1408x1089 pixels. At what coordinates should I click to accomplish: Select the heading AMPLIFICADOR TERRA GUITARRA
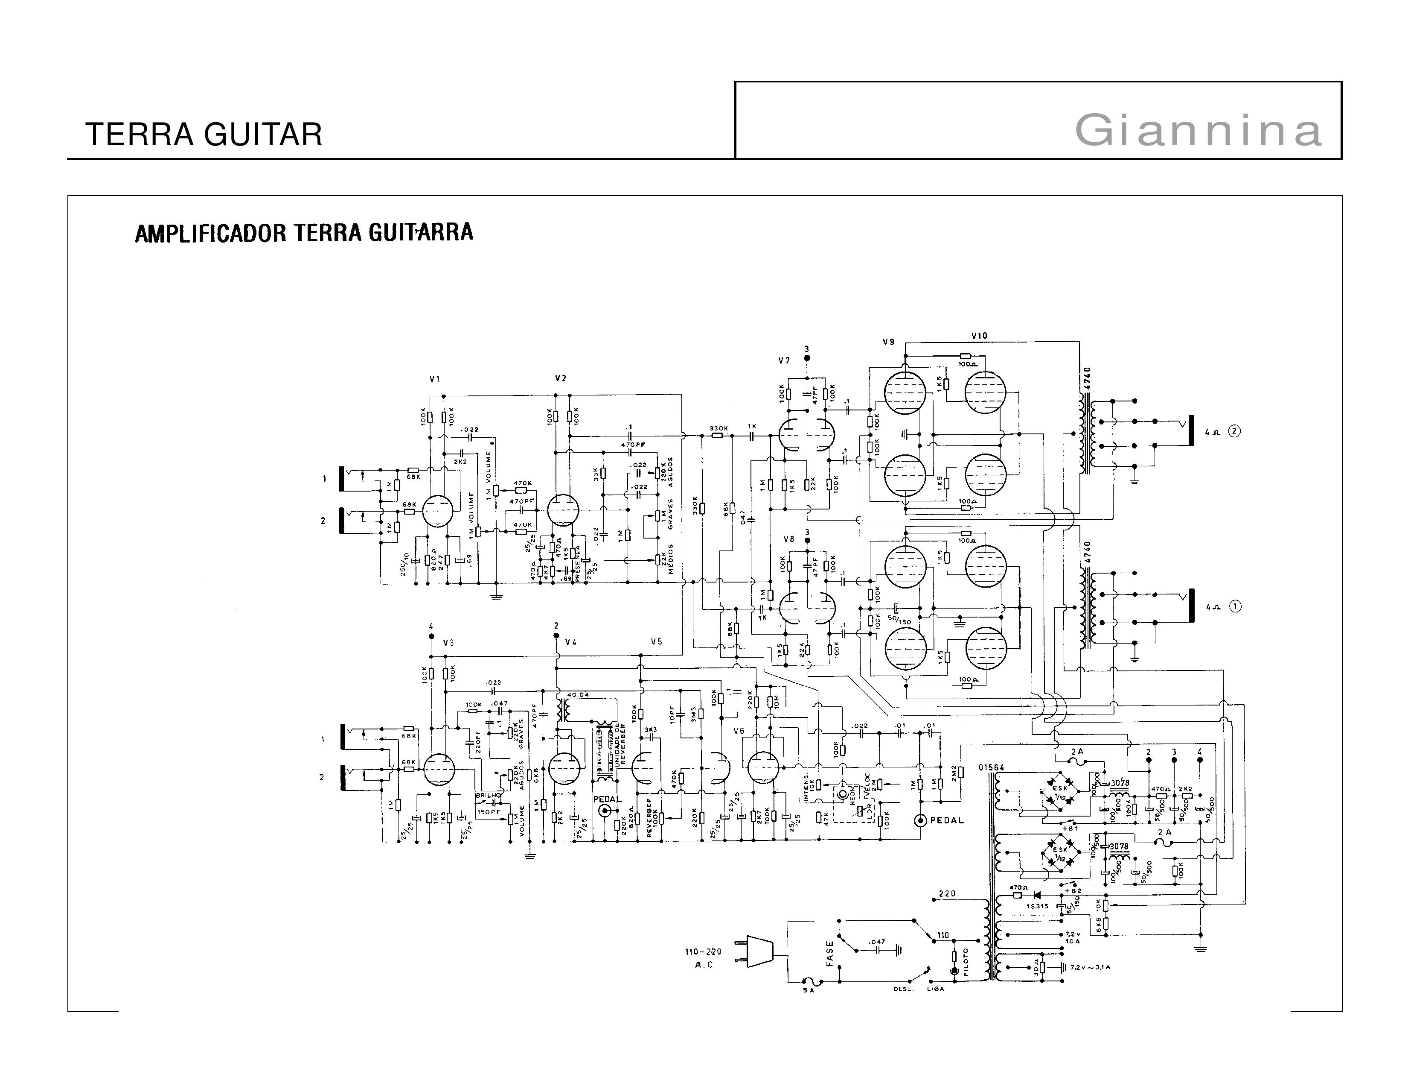point(304,232)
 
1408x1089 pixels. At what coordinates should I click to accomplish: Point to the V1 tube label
point(434,379)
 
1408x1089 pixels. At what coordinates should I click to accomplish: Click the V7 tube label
point(783,360)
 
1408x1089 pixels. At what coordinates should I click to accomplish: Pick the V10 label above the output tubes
point(979,336)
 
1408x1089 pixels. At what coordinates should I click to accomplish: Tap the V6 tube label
point(739,731)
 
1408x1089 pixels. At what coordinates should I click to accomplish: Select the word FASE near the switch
point(830,952)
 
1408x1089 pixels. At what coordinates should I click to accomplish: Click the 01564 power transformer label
point(990,767)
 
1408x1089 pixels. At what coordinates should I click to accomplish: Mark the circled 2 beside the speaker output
point(1233,432)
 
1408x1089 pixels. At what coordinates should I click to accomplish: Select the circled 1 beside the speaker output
point(1234,606)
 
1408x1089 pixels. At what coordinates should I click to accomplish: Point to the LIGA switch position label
point(935,988)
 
